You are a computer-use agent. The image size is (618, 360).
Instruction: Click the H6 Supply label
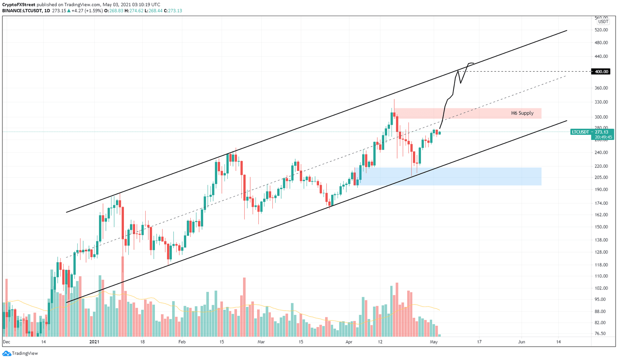click(522, 113)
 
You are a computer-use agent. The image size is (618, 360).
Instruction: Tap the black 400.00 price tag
click(601, 72)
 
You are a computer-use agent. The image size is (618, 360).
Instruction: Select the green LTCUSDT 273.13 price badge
click(592, 132)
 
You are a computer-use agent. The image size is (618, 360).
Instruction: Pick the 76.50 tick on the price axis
click(601, 333)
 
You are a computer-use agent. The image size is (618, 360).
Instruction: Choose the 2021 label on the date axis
click(94, 342)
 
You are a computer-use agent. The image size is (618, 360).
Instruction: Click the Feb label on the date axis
click(182, 342)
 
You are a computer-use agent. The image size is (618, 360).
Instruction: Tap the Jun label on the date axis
click(521, 342)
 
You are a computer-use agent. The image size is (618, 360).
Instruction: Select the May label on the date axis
click(434, 342)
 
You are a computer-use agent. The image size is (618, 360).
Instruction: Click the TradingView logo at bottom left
click(20, 353)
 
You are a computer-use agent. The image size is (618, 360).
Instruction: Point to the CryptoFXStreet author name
click(19, 5)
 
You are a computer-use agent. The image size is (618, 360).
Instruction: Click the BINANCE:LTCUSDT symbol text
click(21, 11)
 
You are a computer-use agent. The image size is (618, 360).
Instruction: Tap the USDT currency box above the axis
click(603, 22)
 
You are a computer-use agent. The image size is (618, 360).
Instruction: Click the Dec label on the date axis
click(6, 342)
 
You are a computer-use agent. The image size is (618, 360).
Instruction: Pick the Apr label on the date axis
click(349, 342)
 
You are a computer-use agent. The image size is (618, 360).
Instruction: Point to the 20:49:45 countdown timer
click(602, 137)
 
